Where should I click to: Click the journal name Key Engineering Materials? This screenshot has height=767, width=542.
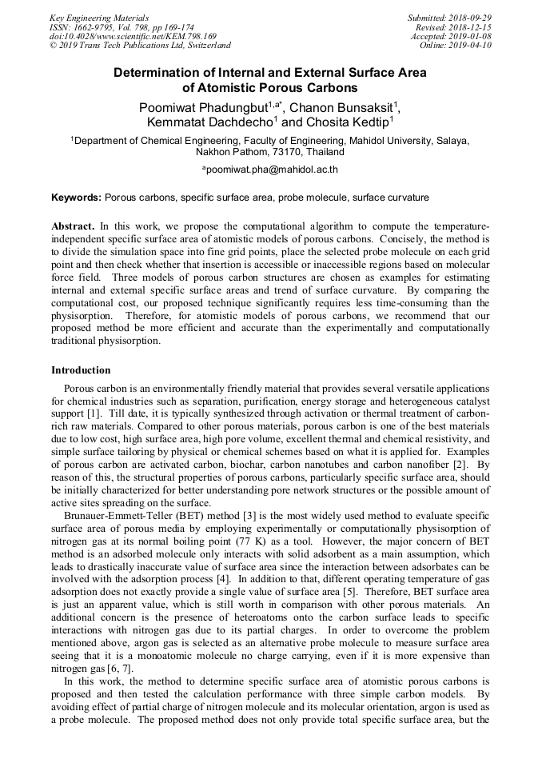pyautogui.click(x=99, y=18)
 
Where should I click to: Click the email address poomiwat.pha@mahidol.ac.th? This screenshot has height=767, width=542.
pyautogui.click(x=271, y=170)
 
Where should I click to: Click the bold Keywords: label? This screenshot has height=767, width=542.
pyautogui.click(x=77, y=197)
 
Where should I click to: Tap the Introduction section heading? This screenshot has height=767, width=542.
pyautogui.click(x=81, y=370)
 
